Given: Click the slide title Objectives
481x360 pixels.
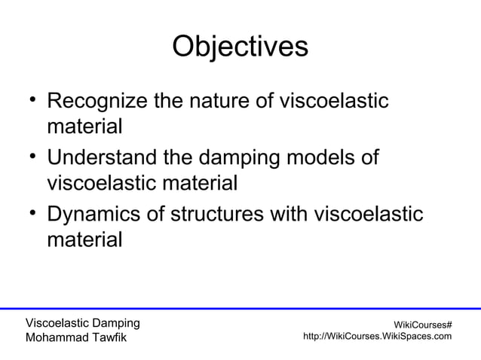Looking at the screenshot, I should click(240, 47).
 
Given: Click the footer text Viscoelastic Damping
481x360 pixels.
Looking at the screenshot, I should click(82, 323).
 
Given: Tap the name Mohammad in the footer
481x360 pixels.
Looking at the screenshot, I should click(57, 337).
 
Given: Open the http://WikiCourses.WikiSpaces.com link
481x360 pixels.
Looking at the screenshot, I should click(377, 336).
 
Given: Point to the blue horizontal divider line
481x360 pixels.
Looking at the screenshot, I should click(240, 308).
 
